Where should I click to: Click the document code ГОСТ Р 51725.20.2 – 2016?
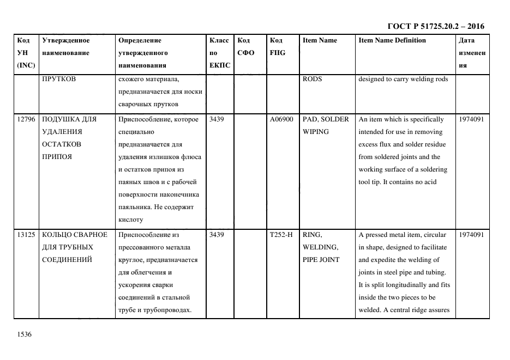(435, 26)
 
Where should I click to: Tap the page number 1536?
(25, 334)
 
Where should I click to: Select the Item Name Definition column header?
(392, 40)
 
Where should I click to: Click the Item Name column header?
(320, 40)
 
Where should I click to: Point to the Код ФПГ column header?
(277, 46)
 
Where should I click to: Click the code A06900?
(281, 119)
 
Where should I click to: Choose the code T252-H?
(281, 235)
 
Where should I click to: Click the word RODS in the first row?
(312, 79)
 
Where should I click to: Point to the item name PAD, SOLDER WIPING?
(325, 125)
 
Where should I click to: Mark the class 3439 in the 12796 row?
(217, 119)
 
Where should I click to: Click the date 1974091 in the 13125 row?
(471, 235)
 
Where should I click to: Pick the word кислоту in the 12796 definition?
(130, 219)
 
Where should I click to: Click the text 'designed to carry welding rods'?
(403, 79)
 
